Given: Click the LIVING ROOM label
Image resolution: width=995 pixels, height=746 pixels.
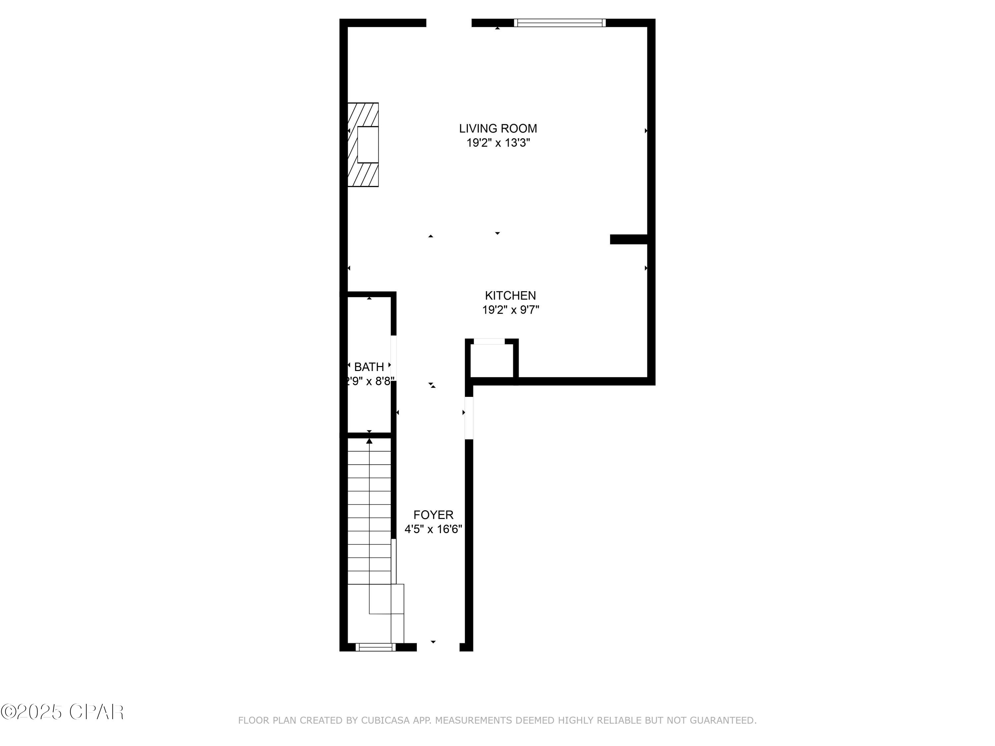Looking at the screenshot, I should click(x=497, y=129).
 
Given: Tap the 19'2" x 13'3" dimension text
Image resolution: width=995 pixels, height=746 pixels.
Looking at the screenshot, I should click(x=498, y=143).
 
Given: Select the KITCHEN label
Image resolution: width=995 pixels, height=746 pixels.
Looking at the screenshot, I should click(x=510, y=296).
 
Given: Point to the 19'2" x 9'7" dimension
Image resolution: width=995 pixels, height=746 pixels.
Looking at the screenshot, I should click(x=510, y=310).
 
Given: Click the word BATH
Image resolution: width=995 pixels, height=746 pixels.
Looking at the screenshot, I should click(x=369, y=367).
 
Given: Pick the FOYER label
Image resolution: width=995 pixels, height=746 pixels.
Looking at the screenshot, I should click(x=433, y=515).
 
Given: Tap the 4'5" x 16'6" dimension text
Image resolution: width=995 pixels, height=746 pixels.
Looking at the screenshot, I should click(x=433, y=529).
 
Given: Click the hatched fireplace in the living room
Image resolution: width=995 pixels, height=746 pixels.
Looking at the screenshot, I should click(x=363, y=144).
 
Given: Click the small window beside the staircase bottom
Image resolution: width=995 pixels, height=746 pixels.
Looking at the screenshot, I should click(x=375, y=647).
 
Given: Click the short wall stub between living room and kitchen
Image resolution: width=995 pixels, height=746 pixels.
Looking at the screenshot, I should click(x=629, y=239).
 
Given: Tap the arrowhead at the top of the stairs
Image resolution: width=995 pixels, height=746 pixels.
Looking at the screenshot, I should click(x=369, y=441).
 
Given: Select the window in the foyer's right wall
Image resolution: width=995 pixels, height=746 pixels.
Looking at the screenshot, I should click(x=469, y=418).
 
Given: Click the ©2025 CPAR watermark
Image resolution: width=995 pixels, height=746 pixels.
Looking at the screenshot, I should click(x=62, y=712).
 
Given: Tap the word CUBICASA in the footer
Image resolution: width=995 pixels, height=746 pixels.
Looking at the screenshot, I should click(x=385, y=720).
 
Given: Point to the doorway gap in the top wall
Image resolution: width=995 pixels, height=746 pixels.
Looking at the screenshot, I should click(x=448, y=23).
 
